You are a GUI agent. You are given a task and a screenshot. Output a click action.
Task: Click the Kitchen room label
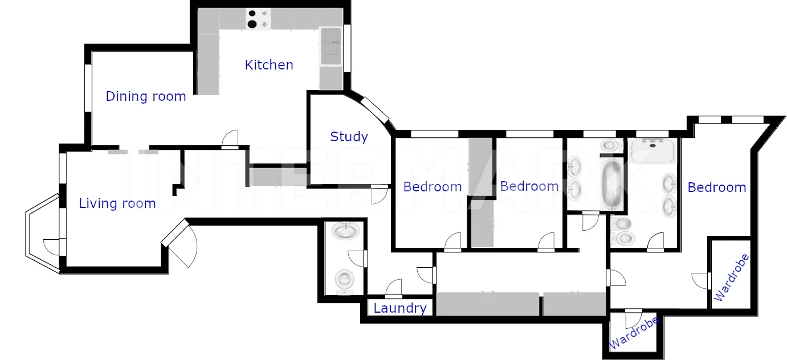269,65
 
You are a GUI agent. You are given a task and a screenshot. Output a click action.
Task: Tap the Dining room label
146,96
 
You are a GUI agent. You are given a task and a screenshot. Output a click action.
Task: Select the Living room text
117,203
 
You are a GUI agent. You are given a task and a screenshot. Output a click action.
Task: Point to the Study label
349,137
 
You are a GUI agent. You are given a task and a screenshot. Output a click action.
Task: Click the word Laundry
400,308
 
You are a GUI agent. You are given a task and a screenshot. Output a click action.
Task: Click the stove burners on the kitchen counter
258,19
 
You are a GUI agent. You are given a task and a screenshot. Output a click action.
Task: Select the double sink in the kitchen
331,46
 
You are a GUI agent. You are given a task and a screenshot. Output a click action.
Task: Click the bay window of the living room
43,233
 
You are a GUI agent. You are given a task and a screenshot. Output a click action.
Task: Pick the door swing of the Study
380,195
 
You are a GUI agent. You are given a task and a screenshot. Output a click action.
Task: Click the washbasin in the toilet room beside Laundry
346,231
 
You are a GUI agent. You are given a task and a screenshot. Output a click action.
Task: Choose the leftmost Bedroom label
433,187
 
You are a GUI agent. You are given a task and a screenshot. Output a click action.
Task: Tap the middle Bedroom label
529,186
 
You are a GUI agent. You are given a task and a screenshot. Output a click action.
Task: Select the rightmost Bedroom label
717,187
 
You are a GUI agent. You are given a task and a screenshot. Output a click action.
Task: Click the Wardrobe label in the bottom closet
634,333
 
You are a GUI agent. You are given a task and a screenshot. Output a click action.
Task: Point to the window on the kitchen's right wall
347,48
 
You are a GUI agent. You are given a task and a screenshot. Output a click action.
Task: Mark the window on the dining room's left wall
88,88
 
